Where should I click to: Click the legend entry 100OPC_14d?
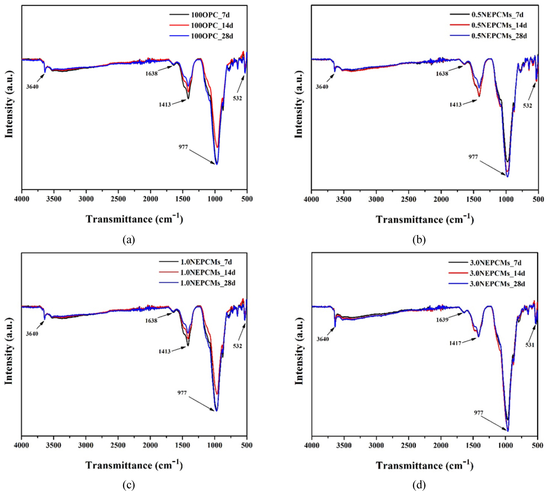tap(212, 25)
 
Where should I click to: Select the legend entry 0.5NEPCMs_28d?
tap(499, 36)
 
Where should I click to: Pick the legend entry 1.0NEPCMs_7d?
tap(206, 262)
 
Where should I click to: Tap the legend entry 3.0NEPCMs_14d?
tap(497, 273)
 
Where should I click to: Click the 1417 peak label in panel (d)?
tap(455, 343)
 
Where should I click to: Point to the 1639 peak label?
tap(442, 320)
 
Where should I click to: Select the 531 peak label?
tap(530, 345)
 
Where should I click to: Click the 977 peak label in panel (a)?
tap(183, 147)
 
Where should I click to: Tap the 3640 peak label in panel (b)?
tap(322, 87)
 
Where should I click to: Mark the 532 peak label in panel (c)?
tap(237, 346)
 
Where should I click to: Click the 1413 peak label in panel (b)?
tap(455, 105)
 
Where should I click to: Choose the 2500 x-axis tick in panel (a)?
tap(118, 199)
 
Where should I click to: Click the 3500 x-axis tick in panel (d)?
tap(344, 446)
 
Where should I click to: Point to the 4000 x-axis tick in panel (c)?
tap(22, 445)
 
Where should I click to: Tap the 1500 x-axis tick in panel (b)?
tap(474, 199)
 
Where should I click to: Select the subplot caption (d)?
tap(419, 485)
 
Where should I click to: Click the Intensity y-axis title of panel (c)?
tap(9, 351)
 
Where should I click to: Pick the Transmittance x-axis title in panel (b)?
tap(425, 219)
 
